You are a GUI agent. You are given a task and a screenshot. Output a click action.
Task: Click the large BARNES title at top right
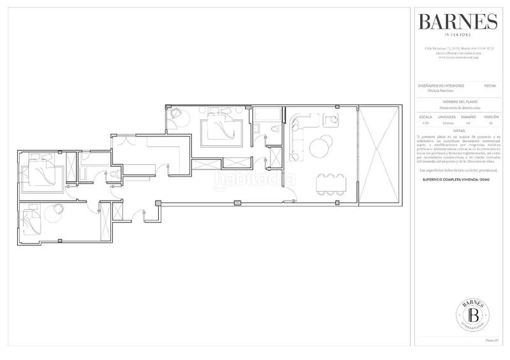tap(457, 22)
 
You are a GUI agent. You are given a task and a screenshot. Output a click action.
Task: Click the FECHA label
tap(490, 85)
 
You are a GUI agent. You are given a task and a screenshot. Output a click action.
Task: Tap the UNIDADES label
tap(446, 118)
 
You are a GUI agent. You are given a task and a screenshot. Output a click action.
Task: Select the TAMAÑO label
tap(469, 118)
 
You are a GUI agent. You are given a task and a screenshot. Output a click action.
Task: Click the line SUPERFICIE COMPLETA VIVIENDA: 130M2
tap(457, 181)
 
